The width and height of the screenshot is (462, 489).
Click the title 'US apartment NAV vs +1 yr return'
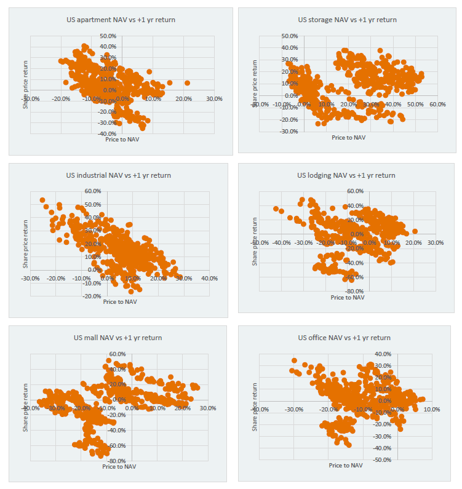pyautogui.click(x=121, y=20)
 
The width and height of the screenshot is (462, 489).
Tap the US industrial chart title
pyautogui.click(x=119, y=175)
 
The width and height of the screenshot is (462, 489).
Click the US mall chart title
pyautogui.click(x=118, y=338)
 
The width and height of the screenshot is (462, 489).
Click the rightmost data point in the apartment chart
pyautogui.click(x=187, y=83)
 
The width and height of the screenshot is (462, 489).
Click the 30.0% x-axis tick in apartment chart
pyautogui.click(x=214, y=98)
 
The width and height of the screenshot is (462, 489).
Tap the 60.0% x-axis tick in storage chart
pyautogui.click(x=437, y=105)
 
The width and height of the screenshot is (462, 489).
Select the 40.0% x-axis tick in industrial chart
pyautogui.click(x=209, y=279)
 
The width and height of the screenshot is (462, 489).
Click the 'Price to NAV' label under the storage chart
pyautogui.click(x=348, y=137)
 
